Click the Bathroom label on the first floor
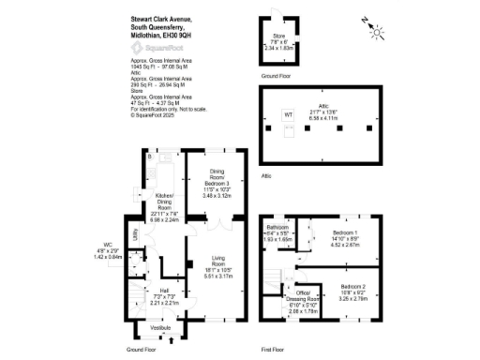pyautogui.click(x=277, y=227)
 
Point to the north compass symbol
pyautogui.click(x=377, y=33)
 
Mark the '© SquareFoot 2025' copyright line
pyautogui.click(x=152, y=117)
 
